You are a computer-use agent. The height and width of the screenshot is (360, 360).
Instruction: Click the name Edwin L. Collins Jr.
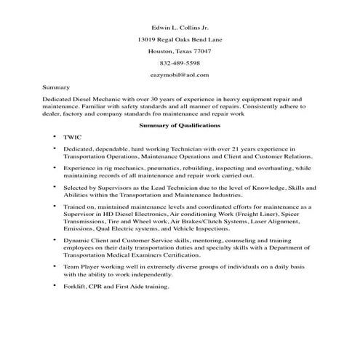179,26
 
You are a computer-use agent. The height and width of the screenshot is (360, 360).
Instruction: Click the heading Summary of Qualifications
179,126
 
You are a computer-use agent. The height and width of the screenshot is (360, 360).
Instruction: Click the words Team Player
82,267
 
